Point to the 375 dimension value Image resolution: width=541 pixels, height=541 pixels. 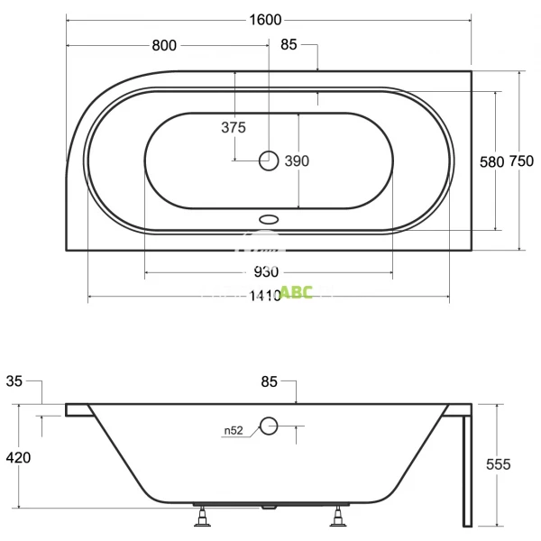(x=234, y=128)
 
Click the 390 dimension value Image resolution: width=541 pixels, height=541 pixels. (x=298, y=161)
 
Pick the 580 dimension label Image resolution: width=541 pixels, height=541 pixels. (x=491, y=162)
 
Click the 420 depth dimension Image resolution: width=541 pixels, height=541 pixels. (x=18, y=458)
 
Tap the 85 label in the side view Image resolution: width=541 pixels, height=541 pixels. (x=270, y=381)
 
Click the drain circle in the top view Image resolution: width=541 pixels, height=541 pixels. (x=269, y=161)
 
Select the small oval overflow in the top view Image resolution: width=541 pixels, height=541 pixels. (x=269, y=218)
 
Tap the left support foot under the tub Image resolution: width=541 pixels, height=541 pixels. (x=204, y=518)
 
